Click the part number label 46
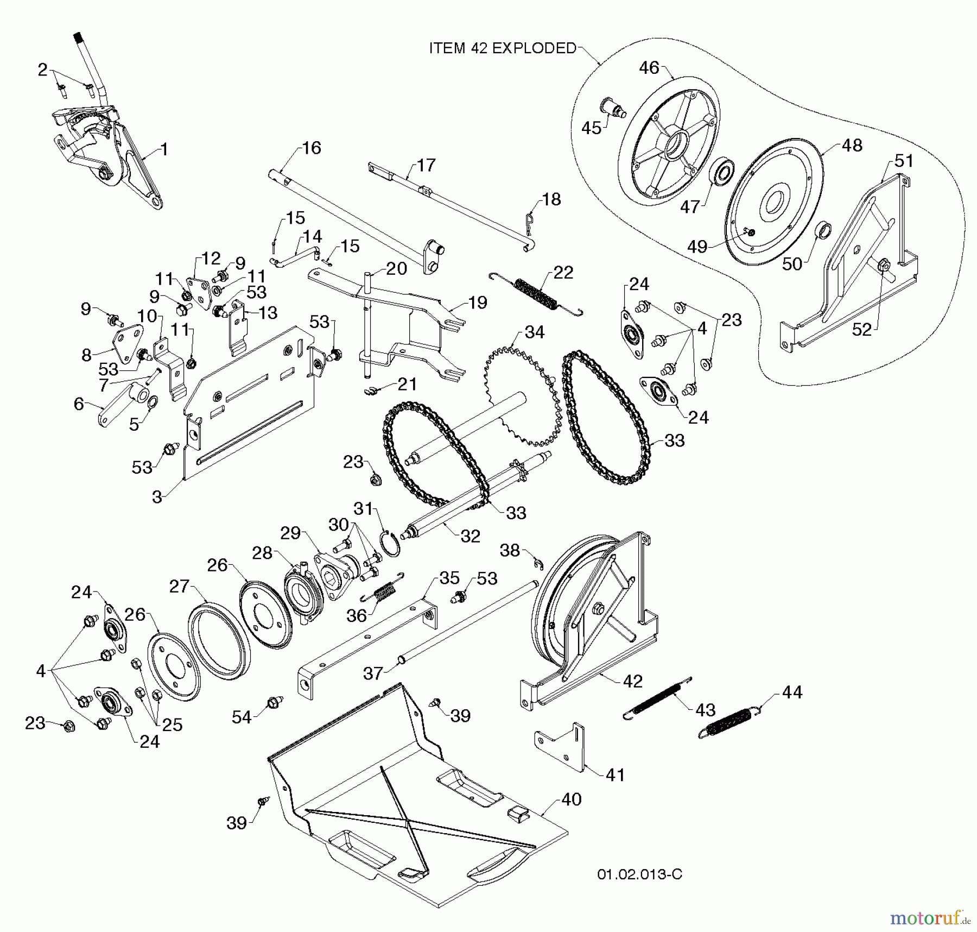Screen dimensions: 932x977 tap(649, 68)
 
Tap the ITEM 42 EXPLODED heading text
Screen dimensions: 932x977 tap(503, 48)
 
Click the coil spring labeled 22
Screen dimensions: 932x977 tap(536, 294)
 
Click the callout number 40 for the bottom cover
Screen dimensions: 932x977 tap(571, 799)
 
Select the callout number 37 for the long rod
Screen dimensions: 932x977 tap(373, 673)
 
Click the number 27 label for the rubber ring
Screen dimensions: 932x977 tap(179, 587)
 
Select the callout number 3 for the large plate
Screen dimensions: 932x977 tap(157, 497)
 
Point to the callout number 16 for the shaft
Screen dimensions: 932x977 tap(312, 148)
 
